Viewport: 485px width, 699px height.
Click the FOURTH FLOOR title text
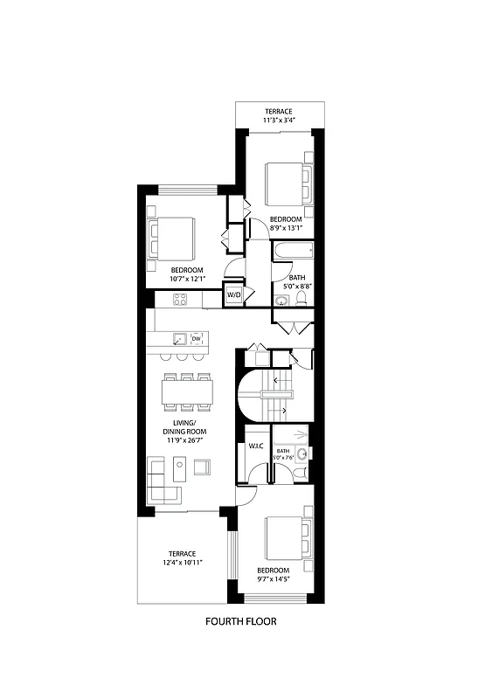point(241,622)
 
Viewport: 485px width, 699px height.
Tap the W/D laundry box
point(234,295)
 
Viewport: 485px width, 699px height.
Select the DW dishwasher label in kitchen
point(197,338)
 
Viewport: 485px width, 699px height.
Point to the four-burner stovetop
point(180,300)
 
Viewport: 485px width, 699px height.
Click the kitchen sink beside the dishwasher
point(179,338)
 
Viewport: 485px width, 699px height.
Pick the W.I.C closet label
point(255,447)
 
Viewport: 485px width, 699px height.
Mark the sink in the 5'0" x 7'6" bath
point(301,453)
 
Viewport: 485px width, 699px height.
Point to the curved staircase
point(271,395)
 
